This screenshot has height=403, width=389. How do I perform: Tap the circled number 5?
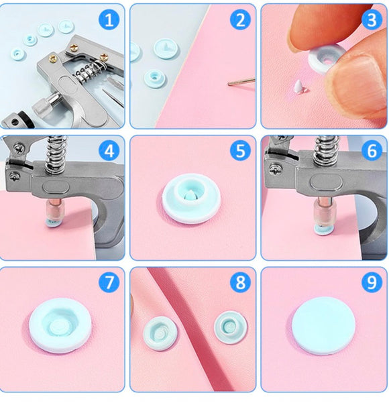(x=239, y=151)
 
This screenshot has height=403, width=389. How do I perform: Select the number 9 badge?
(x=371, y=282)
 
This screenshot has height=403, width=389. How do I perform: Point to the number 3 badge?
(x=371, y=19)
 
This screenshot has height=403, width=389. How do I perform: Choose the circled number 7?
(x=109, y=282)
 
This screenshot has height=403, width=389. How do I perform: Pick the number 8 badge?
(x=239, y=282)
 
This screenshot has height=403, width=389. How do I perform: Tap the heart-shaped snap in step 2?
(x=162, y=47)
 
